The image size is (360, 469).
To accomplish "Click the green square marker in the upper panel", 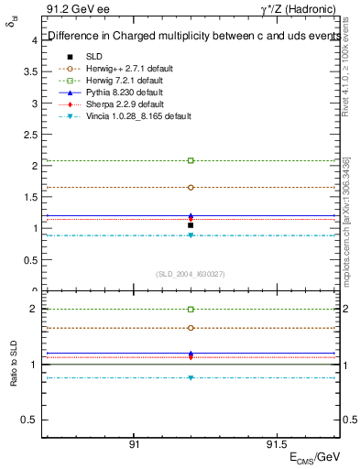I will [x=191, y=160].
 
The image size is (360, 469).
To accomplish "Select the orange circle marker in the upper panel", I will [x=191, y=187].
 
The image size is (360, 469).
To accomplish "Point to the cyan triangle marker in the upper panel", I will [x=191, y=235].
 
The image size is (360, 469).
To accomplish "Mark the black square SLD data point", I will [x=191, y=225].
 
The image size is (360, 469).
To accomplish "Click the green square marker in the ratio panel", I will [x=191, y=310].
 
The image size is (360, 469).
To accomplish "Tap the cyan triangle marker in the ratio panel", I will [x=191, y=377].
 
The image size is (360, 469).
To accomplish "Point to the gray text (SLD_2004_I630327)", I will [x=191, y=273].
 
